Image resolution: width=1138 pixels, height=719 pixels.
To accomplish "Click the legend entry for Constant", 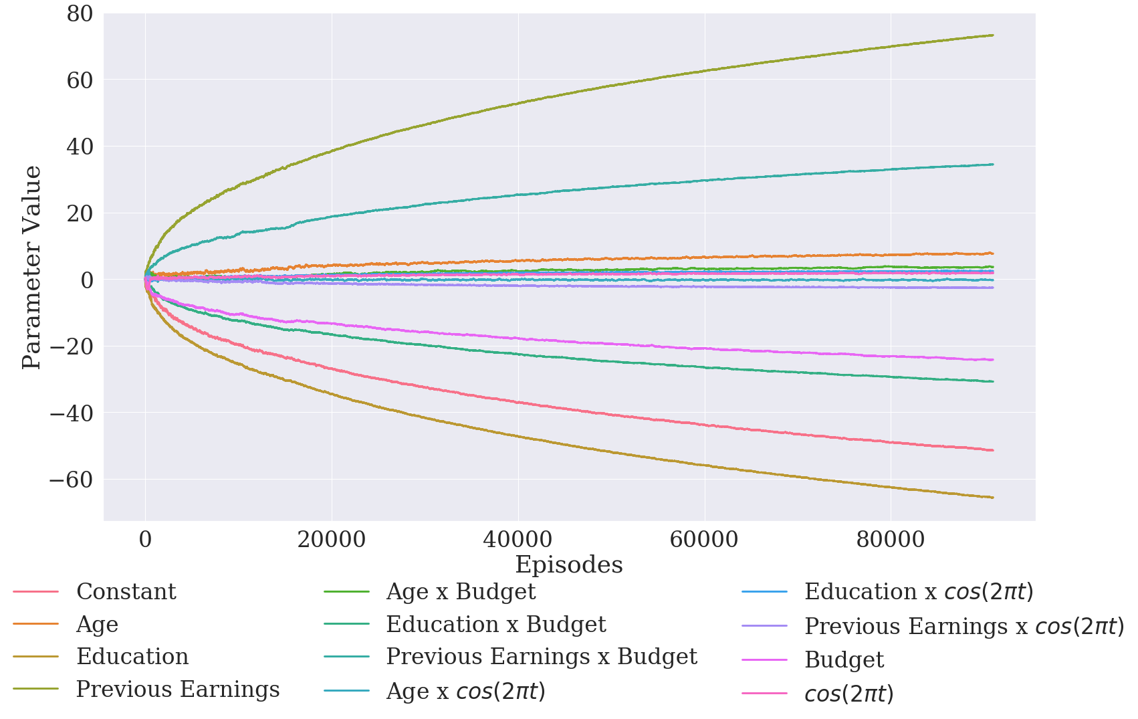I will click(126, 592).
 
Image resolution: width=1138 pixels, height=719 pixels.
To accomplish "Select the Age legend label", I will click(97, 625).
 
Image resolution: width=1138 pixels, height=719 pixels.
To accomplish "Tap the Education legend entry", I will click(132, 657).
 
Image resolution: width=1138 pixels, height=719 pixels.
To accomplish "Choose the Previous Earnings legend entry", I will click(178, 689).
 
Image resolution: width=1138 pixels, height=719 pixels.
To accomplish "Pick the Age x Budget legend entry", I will click(461, 592).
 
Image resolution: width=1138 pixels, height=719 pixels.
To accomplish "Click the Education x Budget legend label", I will click(495, 625).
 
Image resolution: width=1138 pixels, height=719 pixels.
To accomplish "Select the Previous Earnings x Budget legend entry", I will click(542, 657).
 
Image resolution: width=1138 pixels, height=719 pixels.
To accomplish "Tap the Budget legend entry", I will click(844, 660).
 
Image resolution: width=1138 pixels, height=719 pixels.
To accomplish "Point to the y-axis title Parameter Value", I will click(31, 268).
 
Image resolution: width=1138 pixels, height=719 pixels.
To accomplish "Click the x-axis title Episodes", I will click(569, 565).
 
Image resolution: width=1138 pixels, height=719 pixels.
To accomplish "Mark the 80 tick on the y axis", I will click(80, 13).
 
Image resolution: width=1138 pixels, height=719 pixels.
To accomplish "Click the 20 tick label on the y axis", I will click(80, 213).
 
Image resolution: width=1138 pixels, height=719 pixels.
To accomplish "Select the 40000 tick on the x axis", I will click(518, 540).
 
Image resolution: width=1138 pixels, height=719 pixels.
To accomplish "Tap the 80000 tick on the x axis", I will click(890, 540).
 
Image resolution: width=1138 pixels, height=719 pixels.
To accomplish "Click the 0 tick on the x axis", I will click(145, 540).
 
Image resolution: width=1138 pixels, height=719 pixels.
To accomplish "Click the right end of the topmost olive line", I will click(993, 35).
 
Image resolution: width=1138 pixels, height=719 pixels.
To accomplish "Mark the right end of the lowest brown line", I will click(993, 498).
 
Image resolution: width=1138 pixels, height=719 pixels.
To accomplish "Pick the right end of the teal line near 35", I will click(993, 164).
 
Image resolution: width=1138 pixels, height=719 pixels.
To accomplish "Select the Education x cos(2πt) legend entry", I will click(919, 592).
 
